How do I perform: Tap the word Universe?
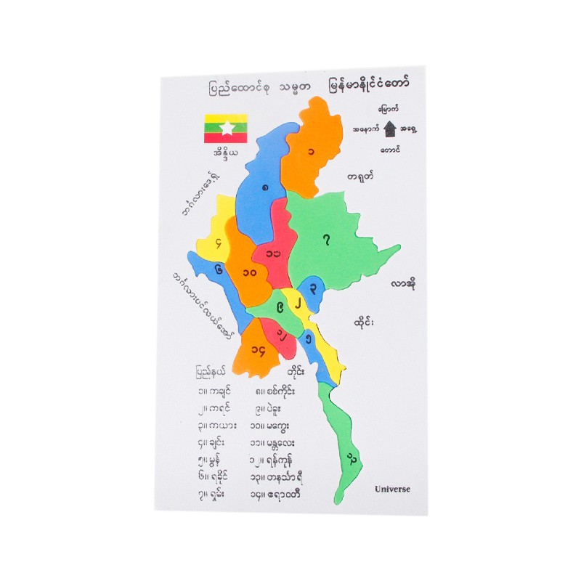(x=392, y=489)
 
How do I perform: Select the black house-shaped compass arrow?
(x=391, y=129)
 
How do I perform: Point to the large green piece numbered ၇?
(x=330, y=240)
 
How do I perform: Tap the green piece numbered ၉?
(x=269, y=309)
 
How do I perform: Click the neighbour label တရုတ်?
(x=360, y=176)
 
